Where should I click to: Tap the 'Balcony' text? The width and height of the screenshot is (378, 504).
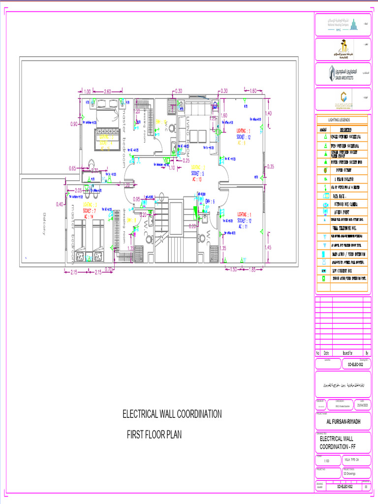click(45, 223)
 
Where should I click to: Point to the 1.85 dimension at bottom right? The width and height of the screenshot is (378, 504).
click(252, 269)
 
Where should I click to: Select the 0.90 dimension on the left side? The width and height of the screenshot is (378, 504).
click(74, 124)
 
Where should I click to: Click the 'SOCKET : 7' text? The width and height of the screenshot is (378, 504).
click(90, 210)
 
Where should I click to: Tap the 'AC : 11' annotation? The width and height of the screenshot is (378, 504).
click(243, 226)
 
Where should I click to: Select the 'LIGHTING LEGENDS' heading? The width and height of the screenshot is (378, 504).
click(339, 120)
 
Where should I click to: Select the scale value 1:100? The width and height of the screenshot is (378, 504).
click(327, 461)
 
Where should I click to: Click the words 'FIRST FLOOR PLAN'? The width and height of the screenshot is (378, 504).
click(155, 435)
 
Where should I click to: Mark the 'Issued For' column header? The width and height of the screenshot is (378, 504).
click(347, 353)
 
